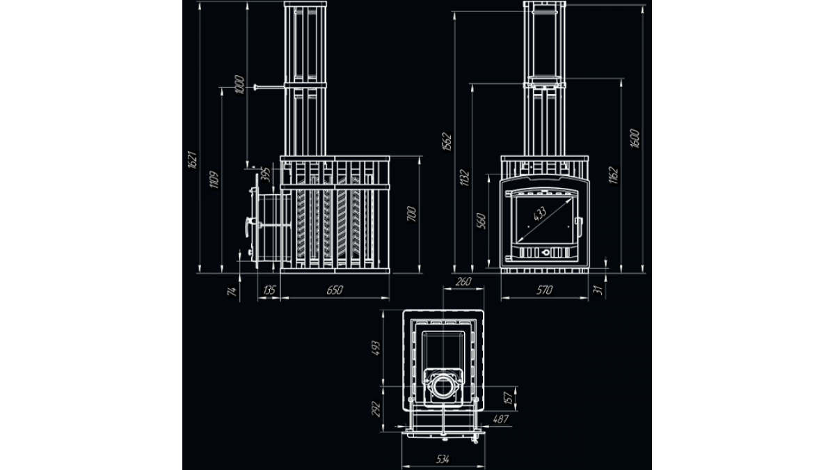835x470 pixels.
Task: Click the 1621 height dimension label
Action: pyautogui.click(x=192, y=160)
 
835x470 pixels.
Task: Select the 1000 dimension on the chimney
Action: pyautogui.click(x=239, y=85)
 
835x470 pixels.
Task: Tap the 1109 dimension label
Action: pyautogui.click(x=214, y=180)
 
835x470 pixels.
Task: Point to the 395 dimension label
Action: pyautogui.click(x=266, y=175)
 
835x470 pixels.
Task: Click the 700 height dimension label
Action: pyautogui.click(x=411, y=214)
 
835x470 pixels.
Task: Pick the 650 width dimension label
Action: pyautogui.click(x=335, y=290)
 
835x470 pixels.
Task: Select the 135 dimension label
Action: pyautogui.click(x=269, y=290)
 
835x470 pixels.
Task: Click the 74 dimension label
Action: pyautogui.click(x=232, y=291)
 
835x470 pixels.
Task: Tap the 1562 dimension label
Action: pyautogui.click(x=447, y=142)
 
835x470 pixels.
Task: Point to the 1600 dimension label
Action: pyautogui.click(x=635, y=139)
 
